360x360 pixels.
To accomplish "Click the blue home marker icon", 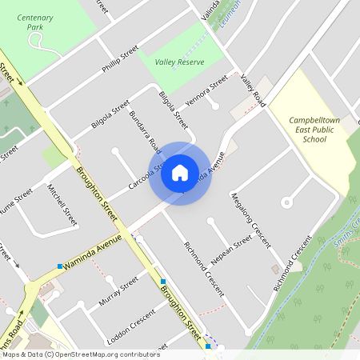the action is [x=180, y=173].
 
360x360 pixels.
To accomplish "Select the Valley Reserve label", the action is [x=178, y=60].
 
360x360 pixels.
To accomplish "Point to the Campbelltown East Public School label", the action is [x=308, y=129].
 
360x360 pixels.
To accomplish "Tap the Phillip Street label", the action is [x=120, y=58].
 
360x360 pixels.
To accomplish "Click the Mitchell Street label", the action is [x=62, y=206].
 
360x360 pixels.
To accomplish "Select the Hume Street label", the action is [x=15, y=199].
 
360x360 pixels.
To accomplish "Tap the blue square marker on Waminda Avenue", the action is [x=60, y=266].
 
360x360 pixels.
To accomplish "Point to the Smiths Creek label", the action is [x=346, y=233].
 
